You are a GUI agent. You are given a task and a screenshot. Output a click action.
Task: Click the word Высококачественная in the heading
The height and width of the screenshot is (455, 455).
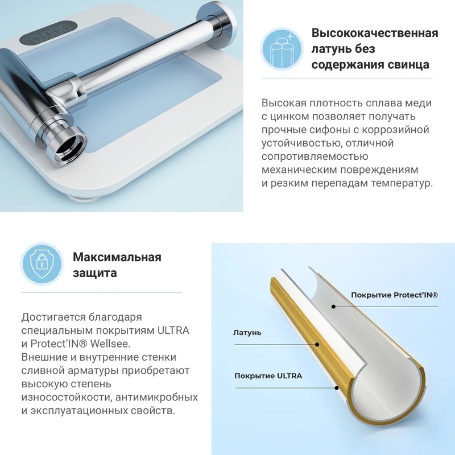[375, 33]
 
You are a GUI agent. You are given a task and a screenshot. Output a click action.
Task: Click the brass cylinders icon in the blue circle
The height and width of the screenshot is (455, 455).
[282, 49]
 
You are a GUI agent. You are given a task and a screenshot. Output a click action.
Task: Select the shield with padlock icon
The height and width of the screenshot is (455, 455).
[42, 264]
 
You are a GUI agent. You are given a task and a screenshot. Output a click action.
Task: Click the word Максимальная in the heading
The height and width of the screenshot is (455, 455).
[117, 257]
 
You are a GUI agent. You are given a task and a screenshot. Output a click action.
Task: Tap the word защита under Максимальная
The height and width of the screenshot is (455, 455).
[94, 273]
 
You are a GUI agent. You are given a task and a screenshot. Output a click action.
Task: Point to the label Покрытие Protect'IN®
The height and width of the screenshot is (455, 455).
[394, 295]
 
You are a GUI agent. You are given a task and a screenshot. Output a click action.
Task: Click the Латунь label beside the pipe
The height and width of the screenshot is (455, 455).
[247, 333]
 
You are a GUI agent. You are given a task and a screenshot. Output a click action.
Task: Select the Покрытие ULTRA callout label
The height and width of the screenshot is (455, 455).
[268, 376]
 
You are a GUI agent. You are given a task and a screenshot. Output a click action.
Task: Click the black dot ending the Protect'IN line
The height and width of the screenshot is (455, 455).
[334, 307]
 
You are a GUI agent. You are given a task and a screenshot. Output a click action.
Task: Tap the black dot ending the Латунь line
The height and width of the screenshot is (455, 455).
[317, 345]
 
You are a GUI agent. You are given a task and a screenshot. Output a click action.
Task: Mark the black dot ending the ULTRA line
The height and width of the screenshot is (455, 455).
[337, 388]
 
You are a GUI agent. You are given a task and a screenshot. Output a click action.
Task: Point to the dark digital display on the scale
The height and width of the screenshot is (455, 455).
[49, 34]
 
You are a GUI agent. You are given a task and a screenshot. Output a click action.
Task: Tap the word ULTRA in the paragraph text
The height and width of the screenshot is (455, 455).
[173, 330]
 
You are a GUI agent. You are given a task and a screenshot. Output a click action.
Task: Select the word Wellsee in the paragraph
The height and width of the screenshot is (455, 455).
[110, 344]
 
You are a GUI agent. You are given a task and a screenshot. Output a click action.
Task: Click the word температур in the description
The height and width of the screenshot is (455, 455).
[402, 184]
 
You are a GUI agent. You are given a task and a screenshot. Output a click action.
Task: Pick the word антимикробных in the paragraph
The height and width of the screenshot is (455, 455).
[157, 397]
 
